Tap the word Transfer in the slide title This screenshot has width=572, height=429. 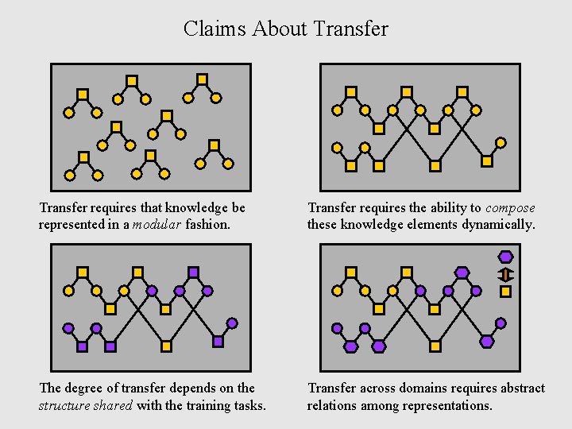pyautogui.click(x=351, y=29)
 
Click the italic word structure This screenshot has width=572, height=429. pyautogui.click(x=66, y=405)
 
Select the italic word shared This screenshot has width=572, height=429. pyautogui.click(x=115, y=405)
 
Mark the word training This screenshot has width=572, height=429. pyautogui.click(x=201, y=405)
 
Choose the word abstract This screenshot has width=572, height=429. pyautogui.click(x=521, y=388)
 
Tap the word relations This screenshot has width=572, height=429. pyautogui.click(x=332, y=405)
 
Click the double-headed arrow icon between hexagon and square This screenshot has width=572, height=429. pyautogui.click(x=505, y=275)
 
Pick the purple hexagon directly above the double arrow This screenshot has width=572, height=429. pyautogui.click(x=505, y=257)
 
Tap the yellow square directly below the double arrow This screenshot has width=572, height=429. pyautogui.click(x=505, y=292)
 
